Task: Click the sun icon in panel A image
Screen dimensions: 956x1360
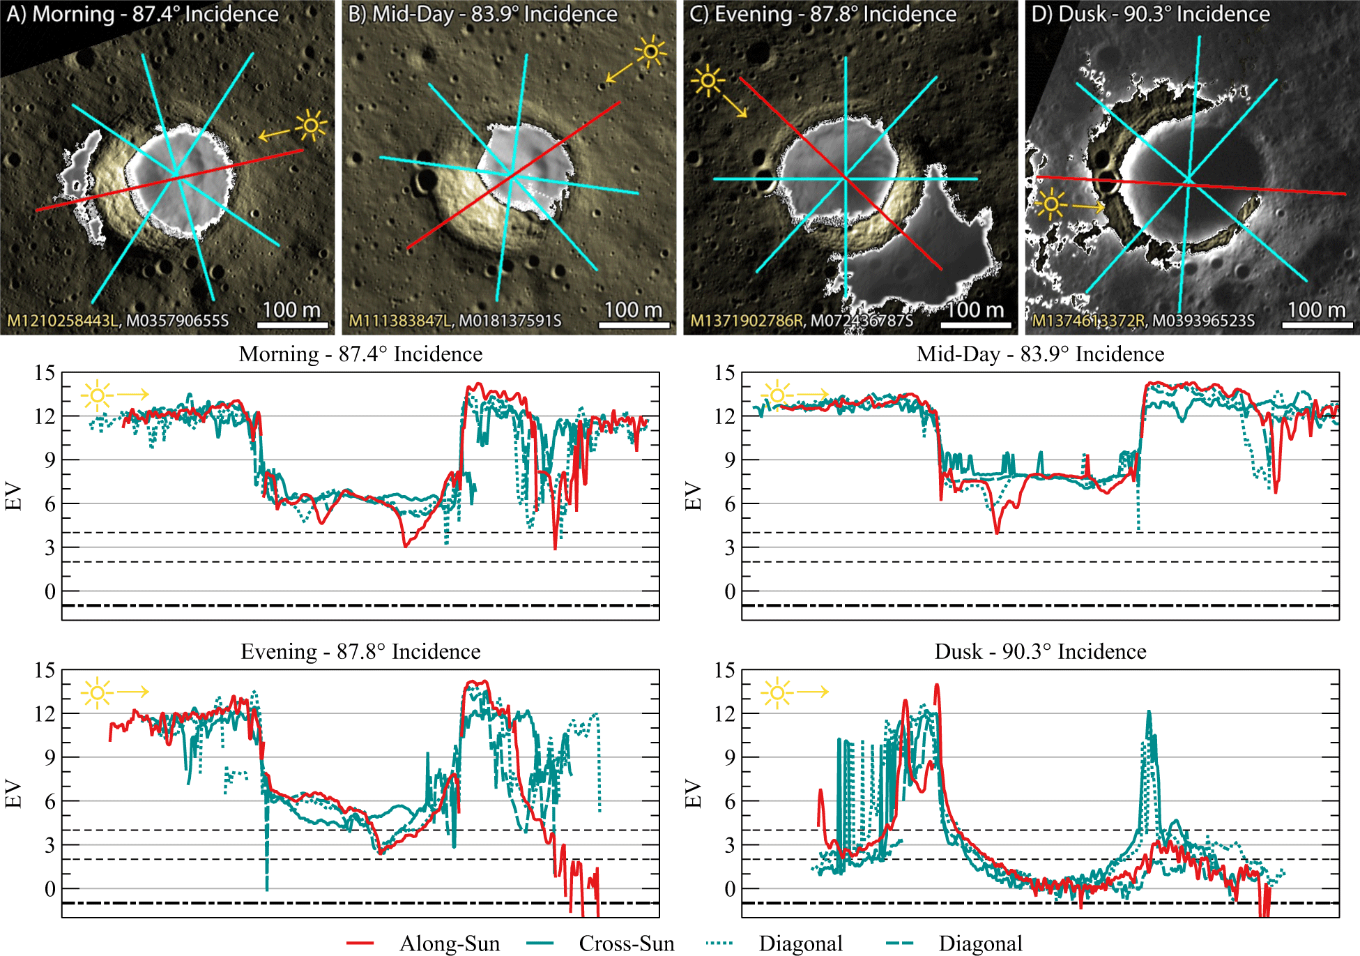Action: click(311, 126)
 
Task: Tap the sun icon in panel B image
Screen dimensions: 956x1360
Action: click(650, 52)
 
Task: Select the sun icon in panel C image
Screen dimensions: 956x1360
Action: click(708, 81)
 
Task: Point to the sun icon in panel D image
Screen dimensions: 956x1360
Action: click(1050, 205)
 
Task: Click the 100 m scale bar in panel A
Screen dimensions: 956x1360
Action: click(292, 324)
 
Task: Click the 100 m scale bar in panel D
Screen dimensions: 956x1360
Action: click(1317, 324)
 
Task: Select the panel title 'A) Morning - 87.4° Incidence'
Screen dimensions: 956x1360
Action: click(142, 14)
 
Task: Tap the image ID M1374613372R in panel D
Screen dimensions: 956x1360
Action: click(1088, 321)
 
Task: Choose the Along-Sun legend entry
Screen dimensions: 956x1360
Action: click(450, 943)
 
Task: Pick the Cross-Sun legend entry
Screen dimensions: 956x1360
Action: click(626, 943)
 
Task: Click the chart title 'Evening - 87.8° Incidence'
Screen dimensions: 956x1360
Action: click(360, 651)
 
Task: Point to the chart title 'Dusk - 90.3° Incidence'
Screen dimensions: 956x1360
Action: click(1040, 651)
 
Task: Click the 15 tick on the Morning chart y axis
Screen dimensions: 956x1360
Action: click(45, 373)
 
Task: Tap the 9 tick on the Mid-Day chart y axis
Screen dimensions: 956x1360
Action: click(729, 460)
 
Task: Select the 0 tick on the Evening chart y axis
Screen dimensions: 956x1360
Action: click(49, 889)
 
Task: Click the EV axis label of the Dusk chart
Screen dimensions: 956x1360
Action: click(692, 794)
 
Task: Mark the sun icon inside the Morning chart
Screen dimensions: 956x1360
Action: click(97, 395)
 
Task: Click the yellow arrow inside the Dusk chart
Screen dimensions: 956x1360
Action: click(813, 692)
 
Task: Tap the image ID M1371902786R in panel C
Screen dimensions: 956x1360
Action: click(747, 321)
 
